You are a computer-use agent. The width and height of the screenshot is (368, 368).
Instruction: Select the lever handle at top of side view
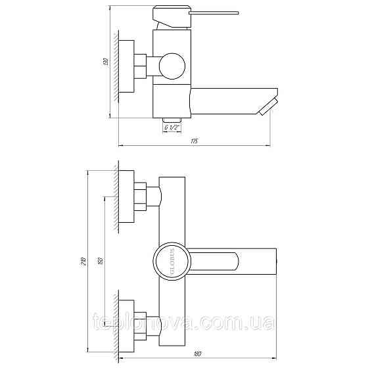pyautogui.click(x=197, y=13)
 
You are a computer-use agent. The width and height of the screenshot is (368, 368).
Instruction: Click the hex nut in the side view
pyautogui.click(x=140, y=66)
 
